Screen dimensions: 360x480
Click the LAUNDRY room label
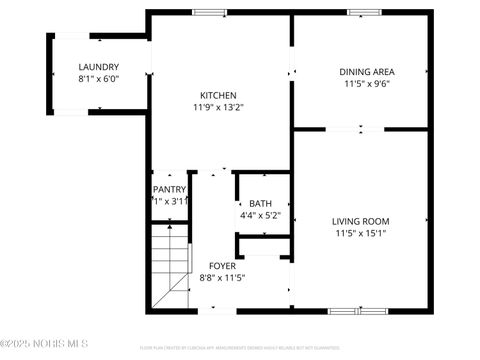(98, 67)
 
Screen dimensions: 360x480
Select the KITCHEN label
(218, 95)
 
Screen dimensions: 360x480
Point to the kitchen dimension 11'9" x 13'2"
(218, 107)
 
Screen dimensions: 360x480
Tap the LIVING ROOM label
(360, 221)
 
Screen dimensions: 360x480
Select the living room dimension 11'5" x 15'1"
(360, 233)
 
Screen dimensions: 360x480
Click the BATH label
(260, 203)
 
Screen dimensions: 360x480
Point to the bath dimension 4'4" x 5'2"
(260, 215)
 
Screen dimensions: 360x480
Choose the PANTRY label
(169, 190)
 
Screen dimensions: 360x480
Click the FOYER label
(222, 266)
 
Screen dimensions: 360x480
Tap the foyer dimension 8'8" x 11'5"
(222, 278)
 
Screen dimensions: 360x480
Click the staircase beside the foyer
(169, 265)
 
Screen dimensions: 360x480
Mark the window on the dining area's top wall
(360, 12)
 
